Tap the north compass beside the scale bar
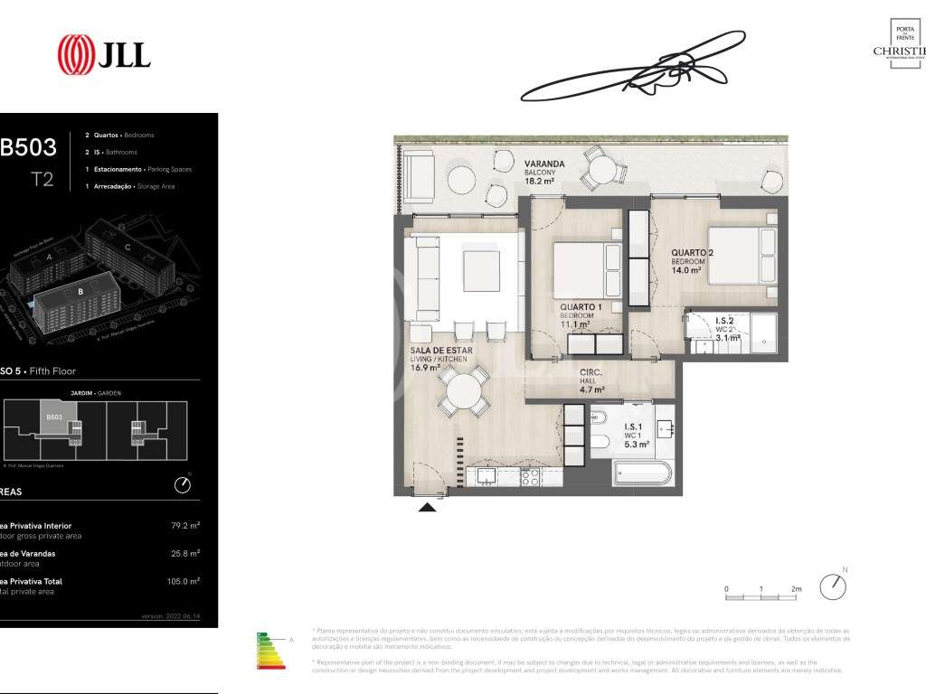[x=832, y=586]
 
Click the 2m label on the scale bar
[x=797, y=588]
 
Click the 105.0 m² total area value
[x=184, y=582]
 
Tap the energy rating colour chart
[x=272, y=653]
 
